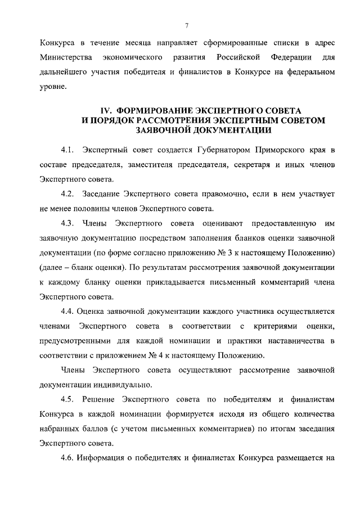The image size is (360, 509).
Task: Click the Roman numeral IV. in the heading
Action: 101,110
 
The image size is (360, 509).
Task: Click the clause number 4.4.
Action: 69,312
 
